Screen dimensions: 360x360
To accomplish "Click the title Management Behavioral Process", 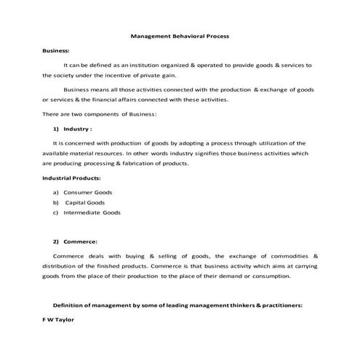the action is [180, 36].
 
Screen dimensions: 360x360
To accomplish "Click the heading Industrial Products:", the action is [71, 177].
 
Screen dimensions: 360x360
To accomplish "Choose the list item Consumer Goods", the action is [88, 192].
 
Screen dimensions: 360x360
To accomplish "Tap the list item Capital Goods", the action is [85, 202].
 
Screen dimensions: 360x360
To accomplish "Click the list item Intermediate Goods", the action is [92, 212].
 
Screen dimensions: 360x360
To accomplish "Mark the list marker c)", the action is [55, 212].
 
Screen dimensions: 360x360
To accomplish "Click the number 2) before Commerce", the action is [56, 241].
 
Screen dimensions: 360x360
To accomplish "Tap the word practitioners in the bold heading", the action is [277, 305].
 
